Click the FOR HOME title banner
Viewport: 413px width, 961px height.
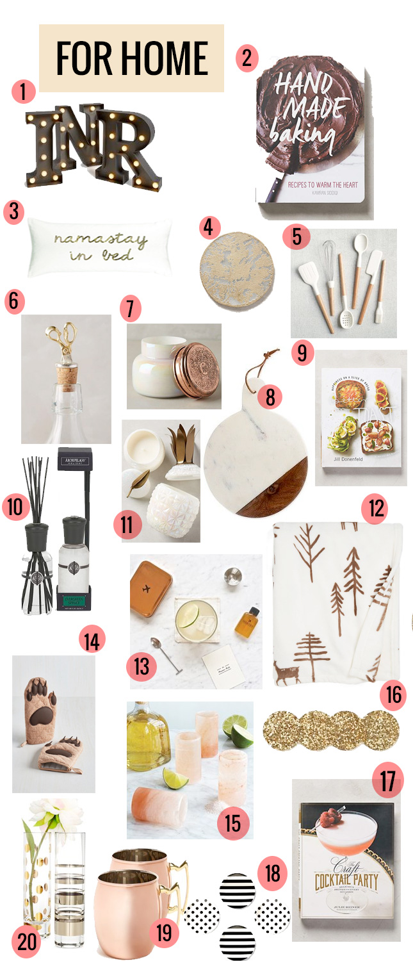point(131,58)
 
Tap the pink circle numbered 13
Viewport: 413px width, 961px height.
point(142,666)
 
